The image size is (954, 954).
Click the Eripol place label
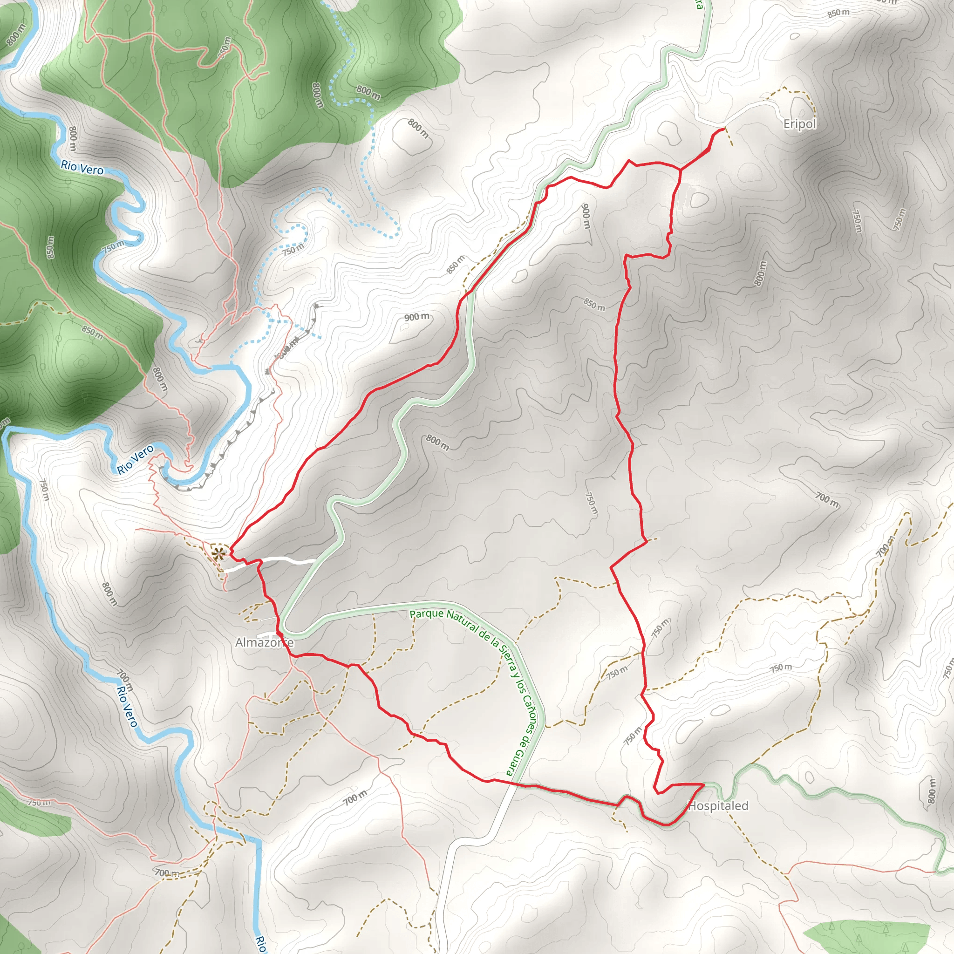tap(799, 123)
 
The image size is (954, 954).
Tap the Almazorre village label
tap(264, 642)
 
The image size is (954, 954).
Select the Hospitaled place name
tap(718, 806)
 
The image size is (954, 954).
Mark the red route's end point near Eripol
tap(724, 129)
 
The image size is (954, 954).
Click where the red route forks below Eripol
tap(681, 170)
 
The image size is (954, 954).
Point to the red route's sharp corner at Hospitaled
tap(704, 784)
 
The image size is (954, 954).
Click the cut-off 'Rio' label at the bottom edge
tap(260, 944)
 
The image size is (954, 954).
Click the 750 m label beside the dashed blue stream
tap(293, 250)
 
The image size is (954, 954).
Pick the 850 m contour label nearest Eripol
tap(838, 13)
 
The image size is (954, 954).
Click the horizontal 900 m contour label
tap(417, 316)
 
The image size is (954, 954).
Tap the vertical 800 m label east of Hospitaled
tap(931, 790)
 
